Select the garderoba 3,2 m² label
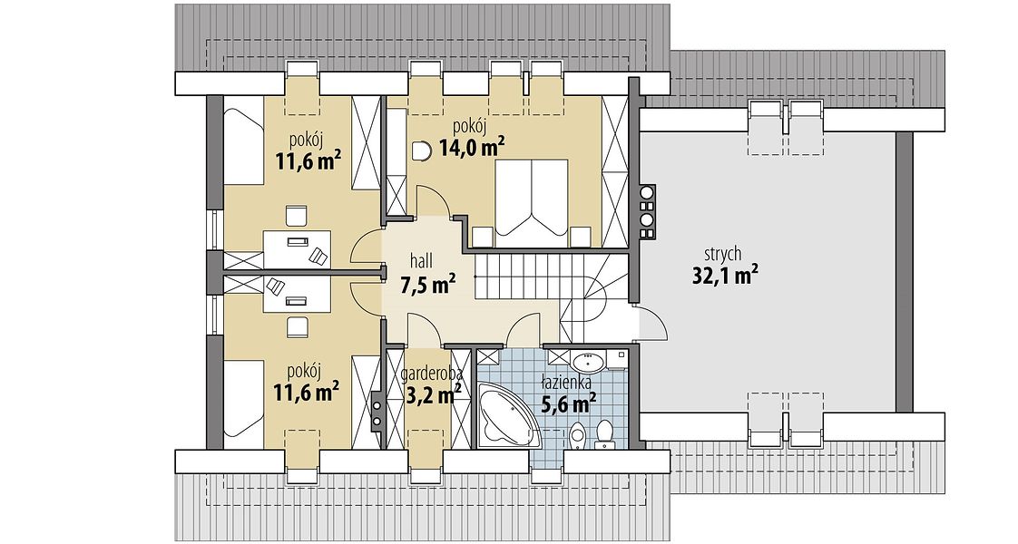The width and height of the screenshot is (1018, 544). [430, 384]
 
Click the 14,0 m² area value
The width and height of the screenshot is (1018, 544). [472, 147]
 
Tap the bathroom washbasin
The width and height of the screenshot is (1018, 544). [590, 360]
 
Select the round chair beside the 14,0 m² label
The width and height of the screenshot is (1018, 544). [421, 151]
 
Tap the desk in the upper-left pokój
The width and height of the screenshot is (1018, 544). [297, 248]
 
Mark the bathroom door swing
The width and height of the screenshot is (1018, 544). [524, 329]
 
